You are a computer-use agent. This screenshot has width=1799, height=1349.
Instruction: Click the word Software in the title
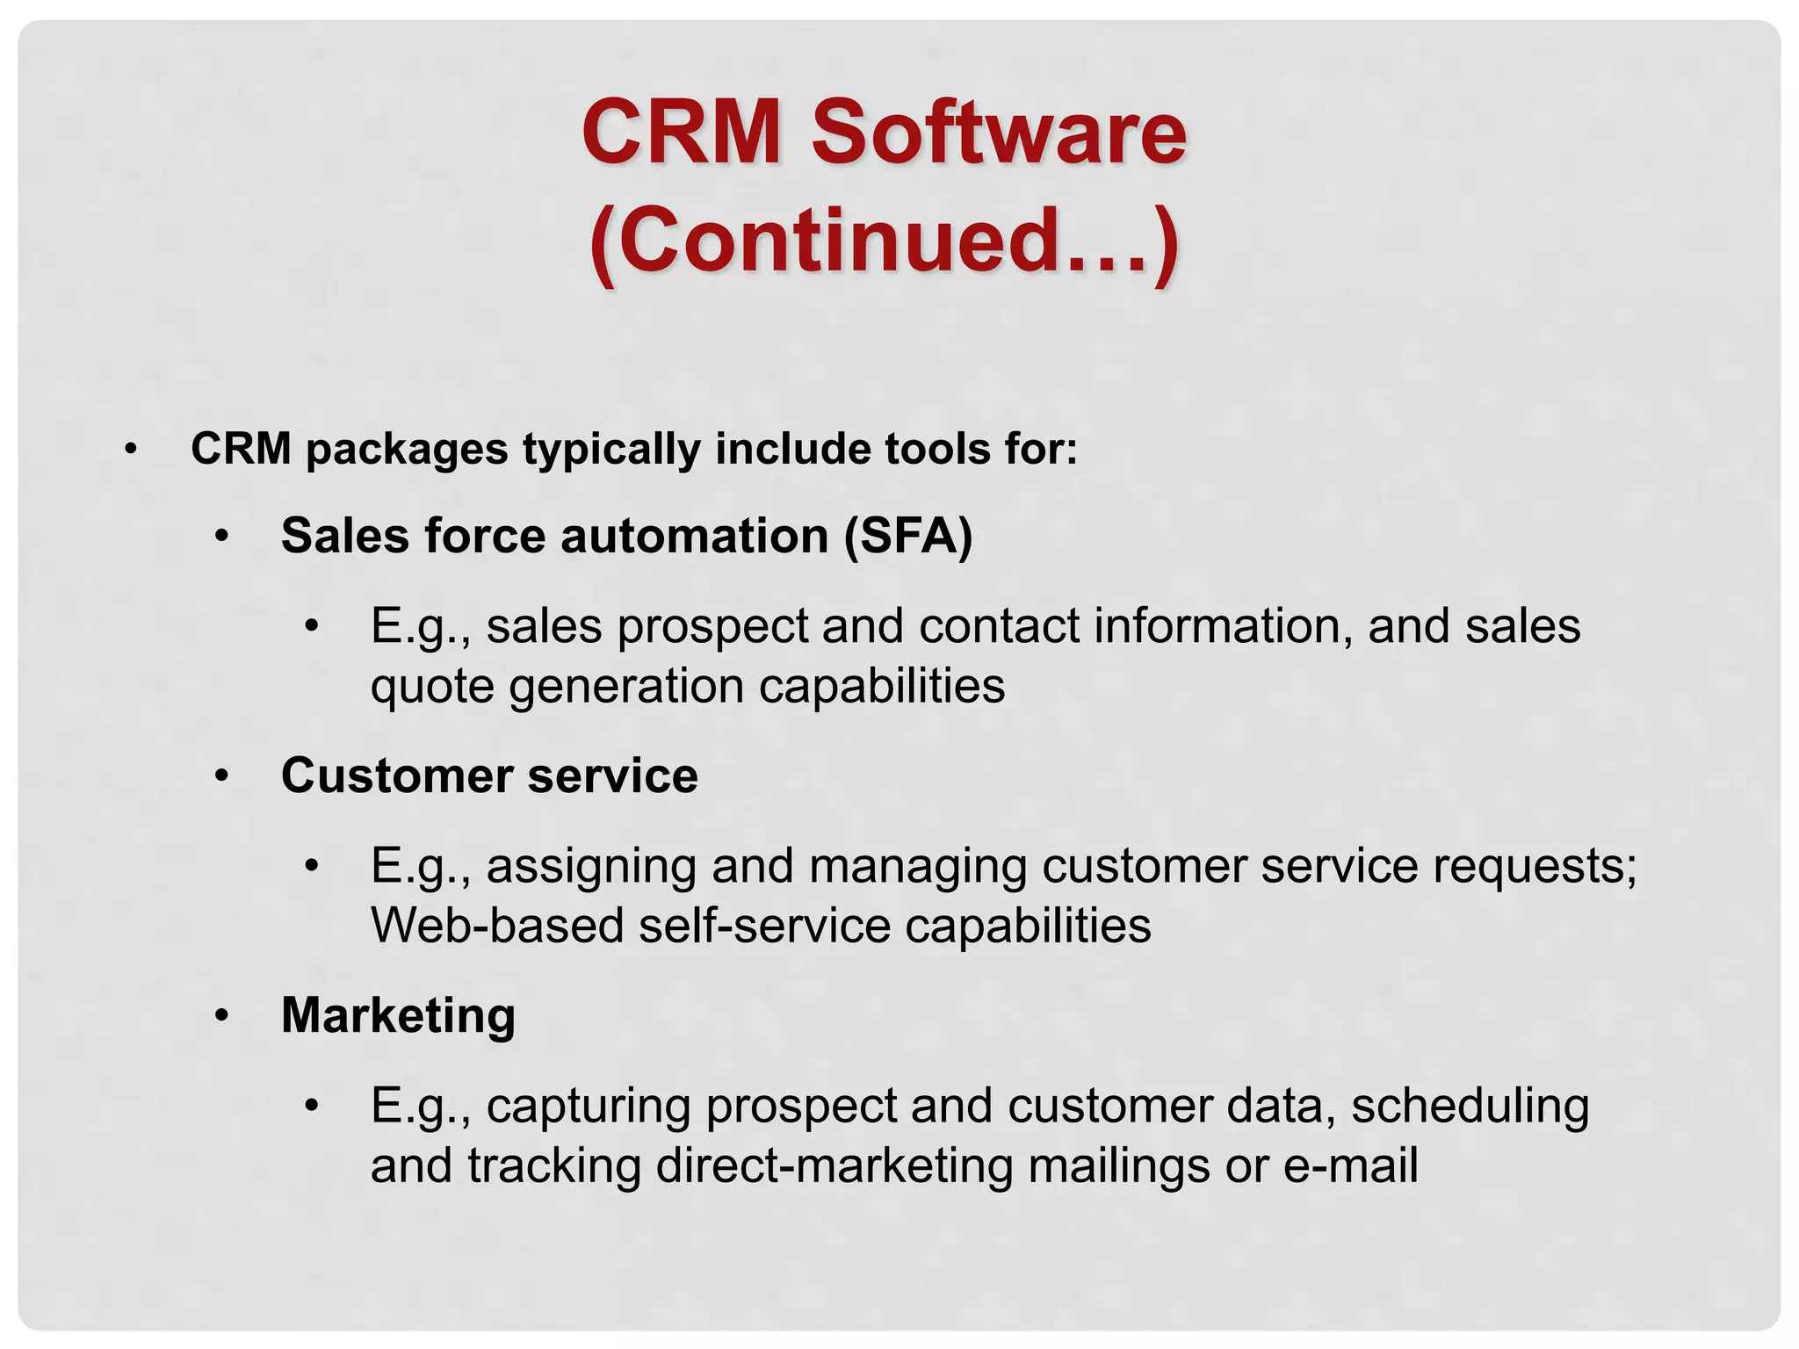tap(998, 133)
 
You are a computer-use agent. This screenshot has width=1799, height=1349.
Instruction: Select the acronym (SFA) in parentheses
tap(908, 535)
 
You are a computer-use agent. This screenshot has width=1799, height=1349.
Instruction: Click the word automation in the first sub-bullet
tap(695, 535)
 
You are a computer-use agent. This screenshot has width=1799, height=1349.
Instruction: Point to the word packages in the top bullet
tap(407, 449)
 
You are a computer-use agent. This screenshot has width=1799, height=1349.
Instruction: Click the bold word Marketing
tap(398, 1015)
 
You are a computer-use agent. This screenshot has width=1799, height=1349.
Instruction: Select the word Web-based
tap(497, 926)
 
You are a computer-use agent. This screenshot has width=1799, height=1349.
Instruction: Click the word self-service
tap(765, 926)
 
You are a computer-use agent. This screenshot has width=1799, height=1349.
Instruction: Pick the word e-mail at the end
tap(1350, 1165)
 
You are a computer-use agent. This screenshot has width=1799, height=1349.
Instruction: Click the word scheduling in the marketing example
tap(1470, 1106)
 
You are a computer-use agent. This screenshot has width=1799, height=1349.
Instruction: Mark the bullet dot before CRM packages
tap(131, 451)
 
